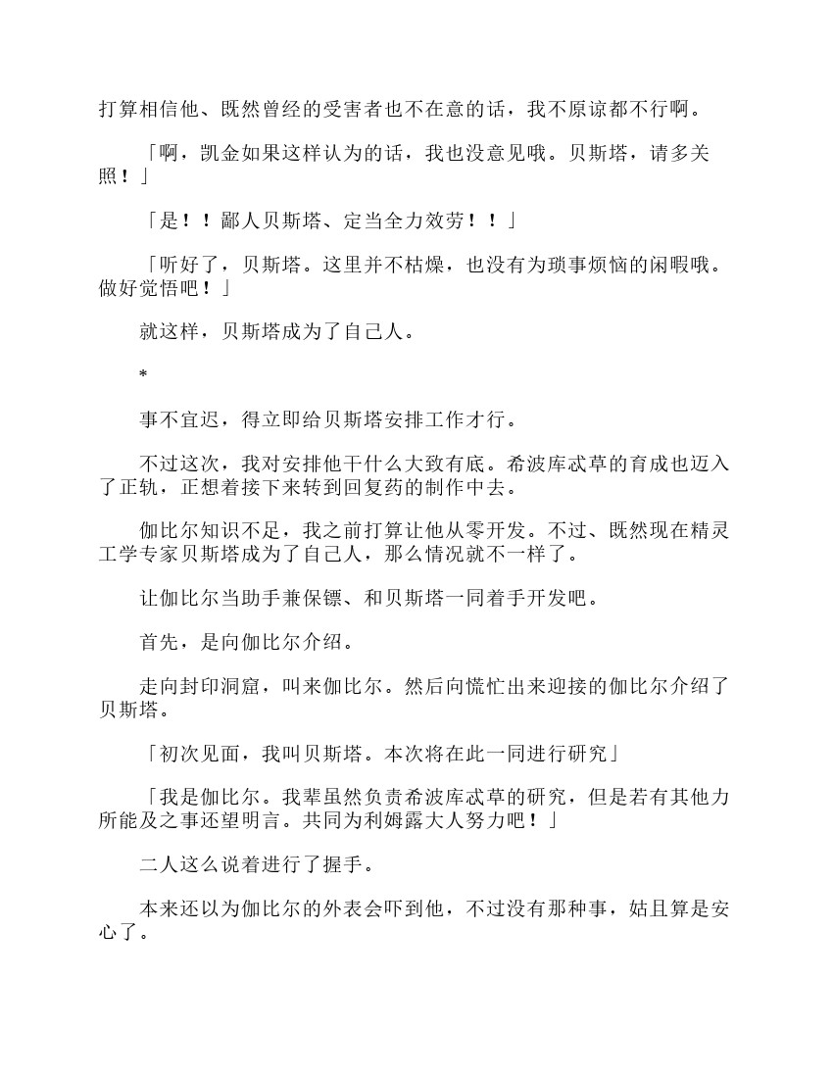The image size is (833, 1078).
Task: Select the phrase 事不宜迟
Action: (182, 419)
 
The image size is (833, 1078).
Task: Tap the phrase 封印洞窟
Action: (223, 686)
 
